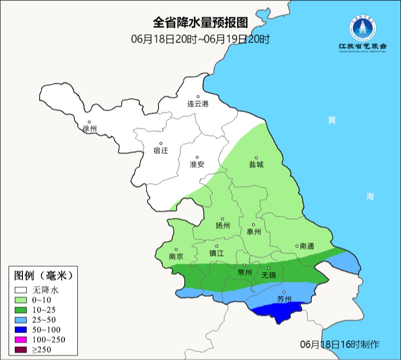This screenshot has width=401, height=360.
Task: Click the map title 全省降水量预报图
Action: coord(200,23)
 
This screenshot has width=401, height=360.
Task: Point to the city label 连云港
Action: coord(198,104)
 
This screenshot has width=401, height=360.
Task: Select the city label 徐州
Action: coord(89,129)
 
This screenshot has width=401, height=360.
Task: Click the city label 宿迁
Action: coord(161,150)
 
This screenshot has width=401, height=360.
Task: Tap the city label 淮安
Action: coord(197,164)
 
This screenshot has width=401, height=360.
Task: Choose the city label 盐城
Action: coord(256,164)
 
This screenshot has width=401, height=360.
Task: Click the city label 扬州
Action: coord(222,226)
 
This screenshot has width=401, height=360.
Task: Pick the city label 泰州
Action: coord(253,232)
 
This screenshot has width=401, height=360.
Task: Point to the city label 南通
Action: coord(306,246)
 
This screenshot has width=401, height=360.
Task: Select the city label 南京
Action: coord(176,256)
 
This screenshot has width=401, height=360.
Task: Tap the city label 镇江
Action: coord(217,254)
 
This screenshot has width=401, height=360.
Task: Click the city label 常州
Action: coord(244,272)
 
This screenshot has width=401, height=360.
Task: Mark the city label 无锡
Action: coord(269,275)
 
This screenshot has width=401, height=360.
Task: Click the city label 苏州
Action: coord(284,299)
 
